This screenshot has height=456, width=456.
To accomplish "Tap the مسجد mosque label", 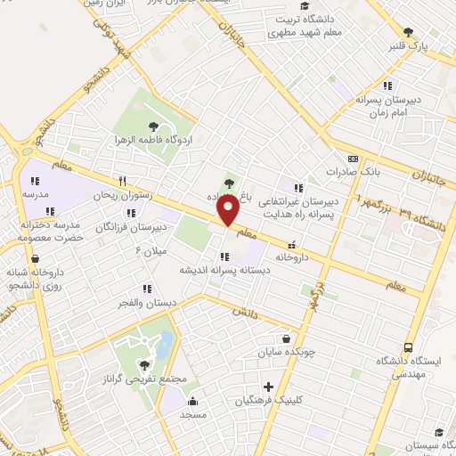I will click(x=193, y=415).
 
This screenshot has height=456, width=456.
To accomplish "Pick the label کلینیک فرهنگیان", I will click(x=265, y=401).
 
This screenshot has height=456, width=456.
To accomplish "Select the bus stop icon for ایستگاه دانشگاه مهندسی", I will click(x=408, y=346).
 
